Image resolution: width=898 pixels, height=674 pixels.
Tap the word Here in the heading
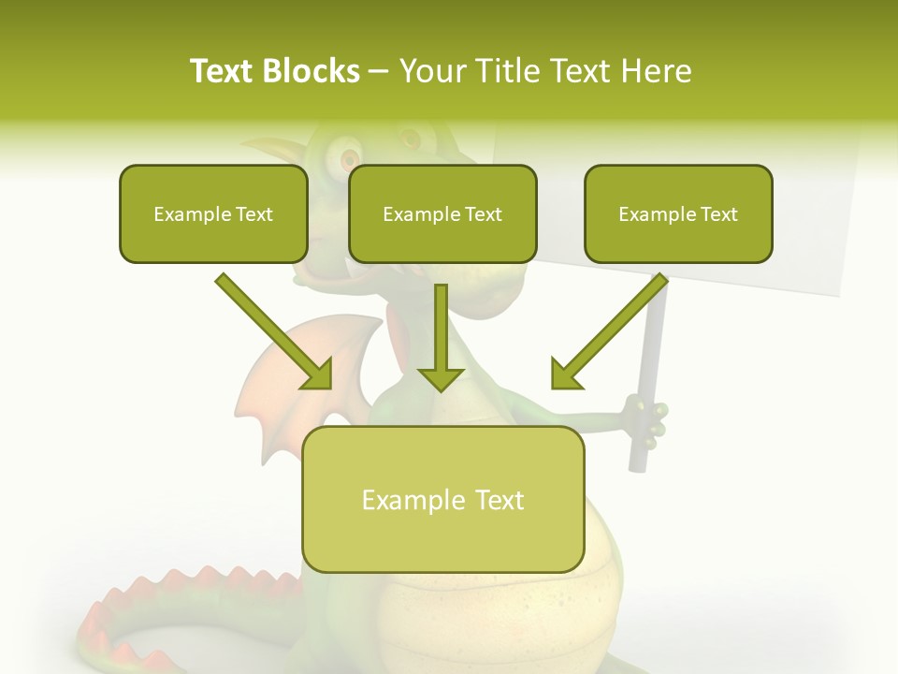tap(655, 71)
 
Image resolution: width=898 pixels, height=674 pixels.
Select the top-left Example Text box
tap(213, 214)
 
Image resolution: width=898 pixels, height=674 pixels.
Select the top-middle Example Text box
tap(442, 214)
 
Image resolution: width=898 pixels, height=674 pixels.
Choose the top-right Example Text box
tap(678, 214)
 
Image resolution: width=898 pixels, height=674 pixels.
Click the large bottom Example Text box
tap(442, 500)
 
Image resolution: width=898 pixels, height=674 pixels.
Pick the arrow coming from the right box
tap(608, 332)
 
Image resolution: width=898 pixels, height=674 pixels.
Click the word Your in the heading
tap(431, 71)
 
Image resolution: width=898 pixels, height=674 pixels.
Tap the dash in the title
tap(380, 72)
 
